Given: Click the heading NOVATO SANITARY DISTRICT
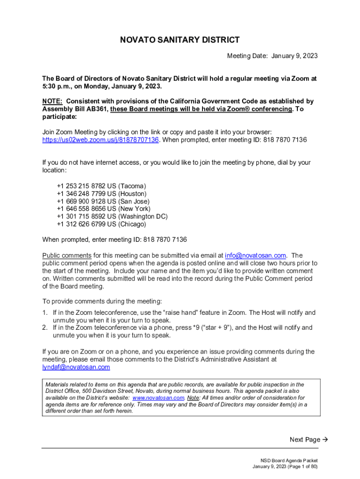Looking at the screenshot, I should coord(180,40).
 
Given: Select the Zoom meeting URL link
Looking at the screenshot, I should coord(101,140).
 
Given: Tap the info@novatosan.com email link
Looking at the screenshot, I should coord(255,255).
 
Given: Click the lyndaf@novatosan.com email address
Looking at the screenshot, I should coord(76,367).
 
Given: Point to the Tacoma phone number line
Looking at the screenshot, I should coord(101,186).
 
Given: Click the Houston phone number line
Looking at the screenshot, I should coord(101,194).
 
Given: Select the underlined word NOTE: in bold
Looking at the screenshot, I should coord(52,101).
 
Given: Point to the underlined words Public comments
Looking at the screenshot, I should coord(67,255).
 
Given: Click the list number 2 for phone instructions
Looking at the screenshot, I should coord(45,328).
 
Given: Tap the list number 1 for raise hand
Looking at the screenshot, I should coord(45,312).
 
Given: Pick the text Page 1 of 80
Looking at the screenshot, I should coord(301,467).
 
